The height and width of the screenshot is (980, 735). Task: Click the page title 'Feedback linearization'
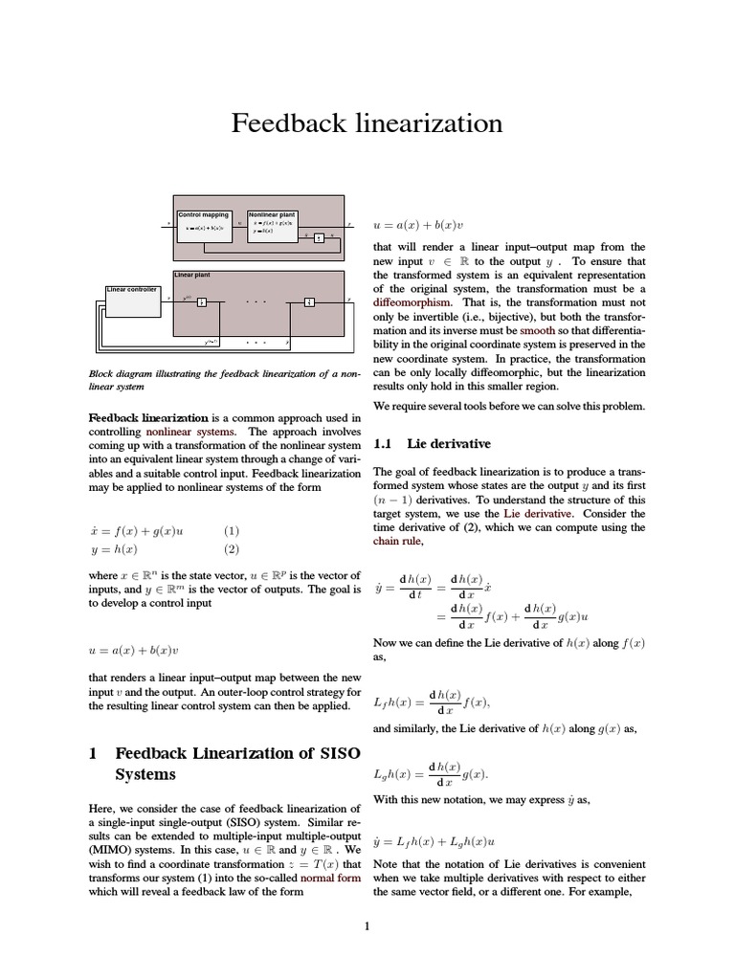point(367,123)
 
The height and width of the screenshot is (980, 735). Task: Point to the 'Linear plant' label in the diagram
point(191,275)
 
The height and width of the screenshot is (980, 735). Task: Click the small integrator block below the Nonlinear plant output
point(319,237)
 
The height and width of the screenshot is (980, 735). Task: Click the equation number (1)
point(232,530)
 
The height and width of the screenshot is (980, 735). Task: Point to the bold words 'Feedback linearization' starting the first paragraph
point(147,418)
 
